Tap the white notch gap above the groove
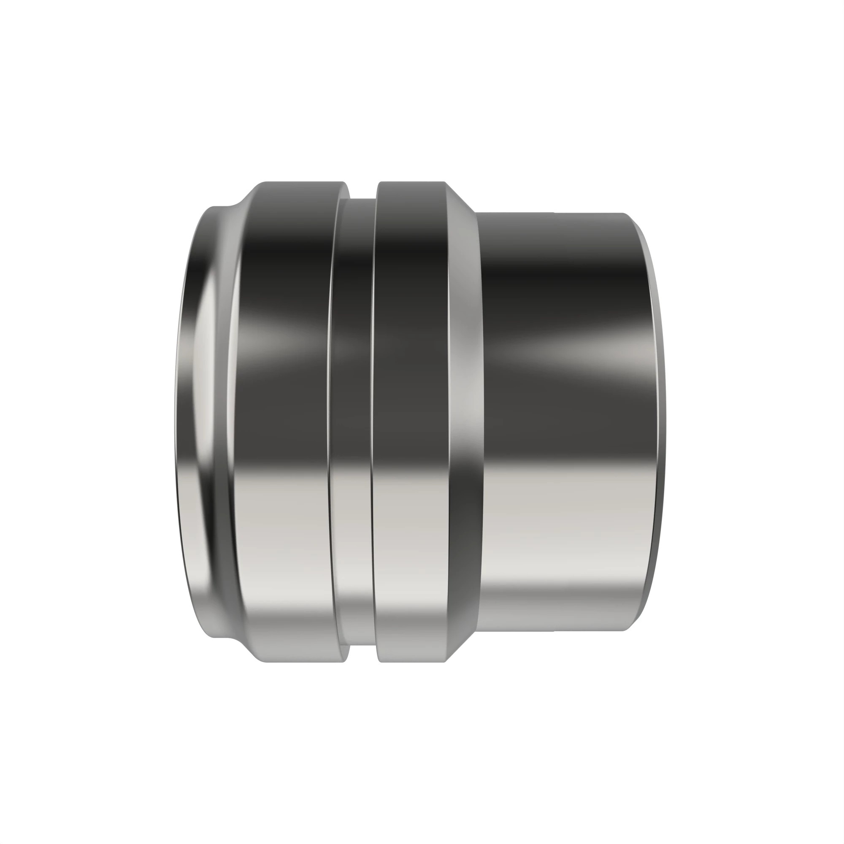(362, 190)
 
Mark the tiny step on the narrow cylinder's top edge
(554, 213)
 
